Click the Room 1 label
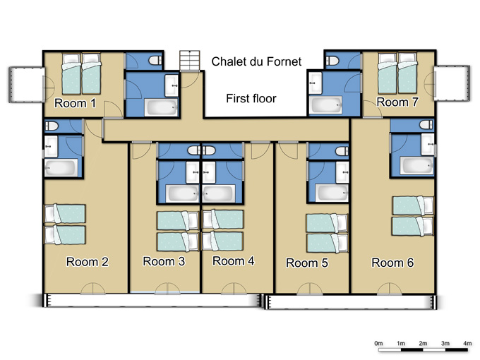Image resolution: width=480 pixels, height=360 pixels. pos(75,104)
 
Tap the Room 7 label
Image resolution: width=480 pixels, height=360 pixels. pos(397,102)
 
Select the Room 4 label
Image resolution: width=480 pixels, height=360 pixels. pos(234,260)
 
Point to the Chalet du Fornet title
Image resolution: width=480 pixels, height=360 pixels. pos(256,61)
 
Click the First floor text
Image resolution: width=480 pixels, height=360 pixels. pos(251,99)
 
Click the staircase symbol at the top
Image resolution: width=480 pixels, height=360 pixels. pos(190,61)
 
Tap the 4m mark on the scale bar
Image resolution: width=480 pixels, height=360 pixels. pos(467,343)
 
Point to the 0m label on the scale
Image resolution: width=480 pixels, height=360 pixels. pos(378,343)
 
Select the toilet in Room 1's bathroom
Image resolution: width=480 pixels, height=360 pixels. pos(155,60)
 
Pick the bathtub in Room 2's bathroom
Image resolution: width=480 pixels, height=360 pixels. pos(61,168)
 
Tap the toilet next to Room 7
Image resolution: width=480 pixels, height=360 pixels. pos(332,61)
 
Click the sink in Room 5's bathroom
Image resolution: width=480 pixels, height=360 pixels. pos(342,172)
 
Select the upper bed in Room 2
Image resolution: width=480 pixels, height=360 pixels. pos(65,213)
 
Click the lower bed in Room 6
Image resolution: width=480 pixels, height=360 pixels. pos(413,226)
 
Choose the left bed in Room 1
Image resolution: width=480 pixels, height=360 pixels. pos(71,74)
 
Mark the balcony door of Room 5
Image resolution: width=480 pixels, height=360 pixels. pos(310,289)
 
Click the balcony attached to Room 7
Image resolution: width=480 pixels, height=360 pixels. pos(452,83)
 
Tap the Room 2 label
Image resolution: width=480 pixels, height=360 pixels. pos(88,262)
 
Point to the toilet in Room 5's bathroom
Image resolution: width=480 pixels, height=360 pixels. pos(342,151)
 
